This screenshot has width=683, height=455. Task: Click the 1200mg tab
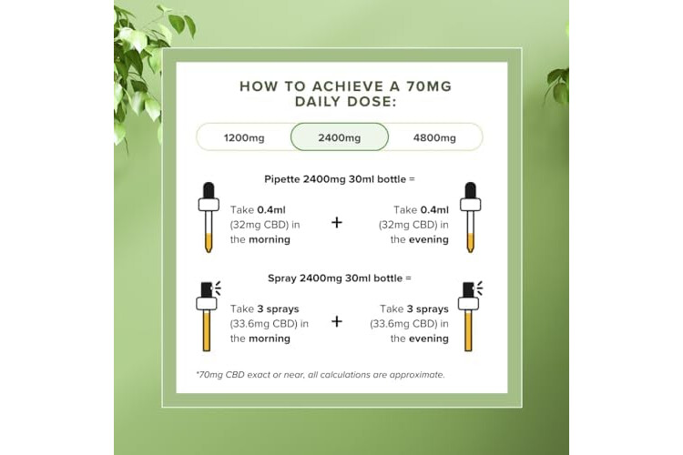pos(244,137)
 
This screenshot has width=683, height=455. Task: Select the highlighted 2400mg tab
pos(340,137)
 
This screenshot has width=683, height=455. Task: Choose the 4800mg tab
pos(434,137)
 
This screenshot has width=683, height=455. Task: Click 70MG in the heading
pos(429,86)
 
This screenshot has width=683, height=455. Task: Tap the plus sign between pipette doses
pos(337,222)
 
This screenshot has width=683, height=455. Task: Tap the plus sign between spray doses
pos(337,321)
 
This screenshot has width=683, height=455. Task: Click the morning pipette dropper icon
pos(209,217)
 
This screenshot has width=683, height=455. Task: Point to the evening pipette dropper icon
pos(470,217)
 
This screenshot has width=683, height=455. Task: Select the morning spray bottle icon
pos(209,316)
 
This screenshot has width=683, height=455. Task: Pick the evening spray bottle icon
pos(470,316)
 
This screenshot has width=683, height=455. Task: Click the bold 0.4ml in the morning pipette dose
pos(271,210)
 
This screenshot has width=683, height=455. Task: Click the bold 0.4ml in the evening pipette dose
pos(434,210)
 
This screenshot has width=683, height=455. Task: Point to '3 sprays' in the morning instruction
pos(278,309)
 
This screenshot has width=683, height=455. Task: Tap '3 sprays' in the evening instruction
pos(427,309)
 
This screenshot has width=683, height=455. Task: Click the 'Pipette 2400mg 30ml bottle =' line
pos(340,179)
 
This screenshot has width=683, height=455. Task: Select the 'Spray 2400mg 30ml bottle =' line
pos(340,278)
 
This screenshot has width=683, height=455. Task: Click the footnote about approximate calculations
pos(321,374)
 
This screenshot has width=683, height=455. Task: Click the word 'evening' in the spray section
pos(429,339)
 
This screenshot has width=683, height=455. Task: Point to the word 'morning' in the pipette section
pos(270,239)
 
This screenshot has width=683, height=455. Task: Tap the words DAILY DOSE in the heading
pos(345,101)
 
